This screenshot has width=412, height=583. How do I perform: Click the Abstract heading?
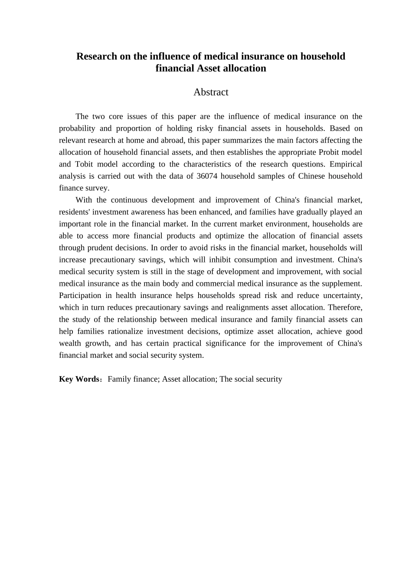[x=211, y=92]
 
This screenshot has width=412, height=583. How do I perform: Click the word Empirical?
[x=346, y=164]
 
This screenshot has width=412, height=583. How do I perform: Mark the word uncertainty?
[x=341, y=295]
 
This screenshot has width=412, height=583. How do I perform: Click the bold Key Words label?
[x=79, y=379]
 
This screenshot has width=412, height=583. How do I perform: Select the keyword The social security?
[x=251, y=379]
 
